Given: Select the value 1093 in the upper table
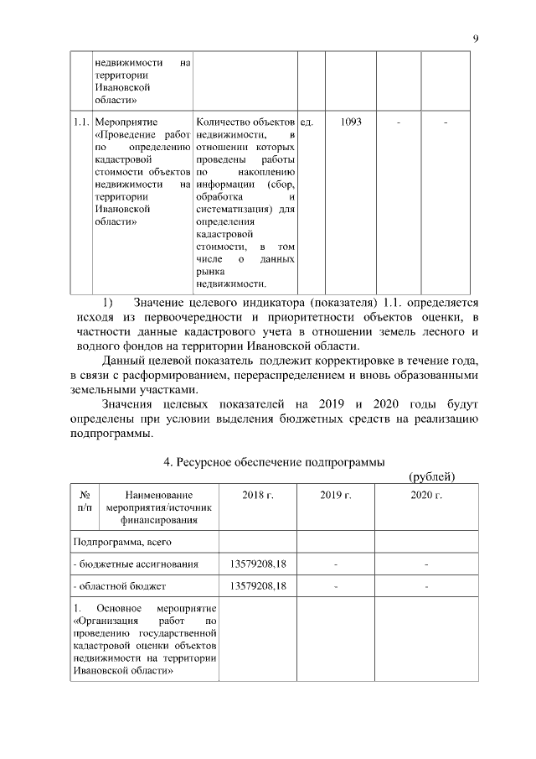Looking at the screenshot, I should point(352,122).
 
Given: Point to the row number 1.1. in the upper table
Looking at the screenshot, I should point(81,122).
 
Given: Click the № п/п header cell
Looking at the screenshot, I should point(85,502).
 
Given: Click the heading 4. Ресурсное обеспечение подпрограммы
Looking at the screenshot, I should point(273,462).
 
